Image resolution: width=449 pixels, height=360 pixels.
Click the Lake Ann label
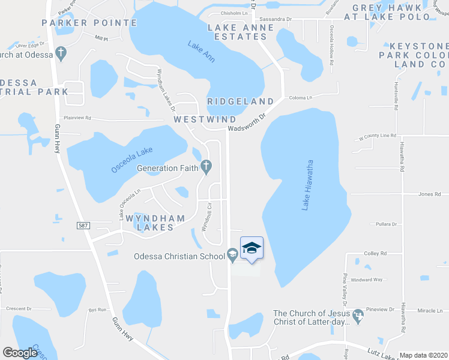[201, 52]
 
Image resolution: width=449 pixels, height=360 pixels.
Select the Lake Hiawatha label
[307, 185]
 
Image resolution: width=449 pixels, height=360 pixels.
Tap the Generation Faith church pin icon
[206, 167]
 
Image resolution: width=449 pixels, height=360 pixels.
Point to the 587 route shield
[83, 226]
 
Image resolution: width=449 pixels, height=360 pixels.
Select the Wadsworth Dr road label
[246, 125]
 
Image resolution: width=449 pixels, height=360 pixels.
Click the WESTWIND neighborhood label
[205, 119]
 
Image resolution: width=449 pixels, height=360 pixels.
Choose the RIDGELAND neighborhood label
[240, 101]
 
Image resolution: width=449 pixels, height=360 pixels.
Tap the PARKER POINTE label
[89, 23]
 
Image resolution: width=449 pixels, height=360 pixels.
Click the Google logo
[20, 353]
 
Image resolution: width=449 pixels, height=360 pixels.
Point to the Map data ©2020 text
[423, 355]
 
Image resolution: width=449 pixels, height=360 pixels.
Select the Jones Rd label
[430, 194]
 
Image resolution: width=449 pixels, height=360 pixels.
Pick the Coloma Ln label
[301, 98]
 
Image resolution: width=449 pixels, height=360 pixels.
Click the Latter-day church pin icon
[359, 315]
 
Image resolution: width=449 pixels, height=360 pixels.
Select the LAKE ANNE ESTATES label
[237, 32]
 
